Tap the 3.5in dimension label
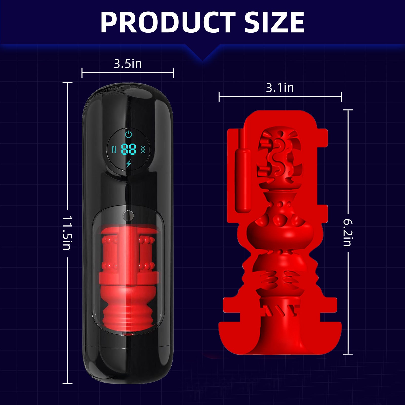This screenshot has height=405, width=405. click(x=128, y=64)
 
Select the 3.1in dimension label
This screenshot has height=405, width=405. click(x=280, y=88)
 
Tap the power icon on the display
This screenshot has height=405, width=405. click(x=129, y=134)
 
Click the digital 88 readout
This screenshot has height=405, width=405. click(x=129, y=150)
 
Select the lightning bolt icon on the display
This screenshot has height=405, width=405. click(x=129, y=164)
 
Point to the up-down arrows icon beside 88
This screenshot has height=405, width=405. click(x=114, y=150)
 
